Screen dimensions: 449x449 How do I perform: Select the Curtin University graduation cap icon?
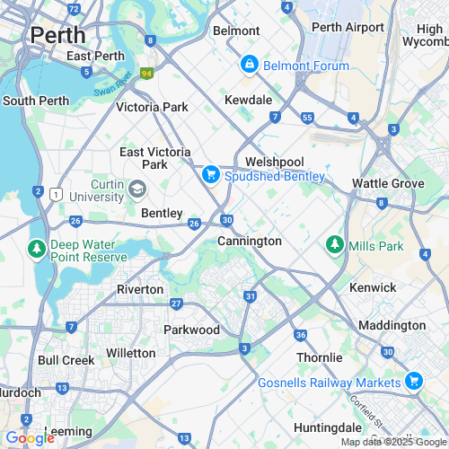pos(136,189)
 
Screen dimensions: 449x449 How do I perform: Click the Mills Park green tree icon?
pos(334,243)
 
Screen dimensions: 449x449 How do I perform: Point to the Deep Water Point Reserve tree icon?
pos(37,248)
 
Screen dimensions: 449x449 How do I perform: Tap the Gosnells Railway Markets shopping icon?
pos(413,382)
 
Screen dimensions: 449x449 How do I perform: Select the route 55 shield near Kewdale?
pos(307,118)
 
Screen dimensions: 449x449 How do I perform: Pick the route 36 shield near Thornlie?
pos(300,335)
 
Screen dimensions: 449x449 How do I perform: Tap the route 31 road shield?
pos(251,296)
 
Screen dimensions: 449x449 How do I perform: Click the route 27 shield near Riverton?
pos(177,304)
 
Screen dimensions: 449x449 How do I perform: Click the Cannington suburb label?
pos(250,242)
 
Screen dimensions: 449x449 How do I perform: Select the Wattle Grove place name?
pos(388,183)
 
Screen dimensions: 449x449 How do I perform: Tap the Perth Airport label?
pos(348,27)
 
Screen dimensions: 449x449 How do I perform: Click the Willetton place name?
pos(130,353)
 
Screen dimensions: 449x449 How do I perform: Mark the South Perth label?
pos(31,101)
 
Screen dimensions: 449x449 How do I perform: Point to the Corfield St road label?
pos(367,412)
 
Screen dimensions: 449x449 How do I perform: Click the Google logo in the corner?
pos(30,437)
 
